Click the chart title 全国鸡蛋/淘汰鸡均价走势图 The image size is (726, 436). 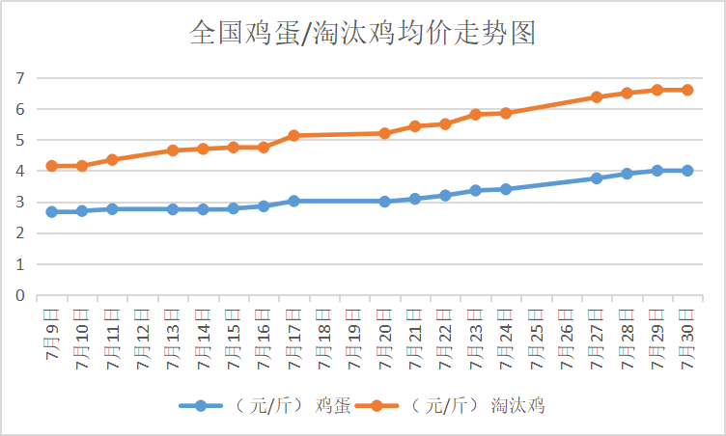362,34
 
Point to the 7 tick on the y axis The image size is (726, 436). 19,78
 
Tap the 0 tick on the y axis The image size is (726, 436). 19,295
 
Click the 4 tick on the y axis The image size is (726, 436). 19,171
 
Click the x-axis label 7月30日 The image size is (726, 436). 686,333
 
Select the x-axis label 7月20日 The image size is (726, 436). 384,333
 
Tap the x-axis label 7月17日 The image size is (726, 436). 293,333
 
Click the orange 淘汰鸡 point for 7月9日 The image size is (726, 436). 51,166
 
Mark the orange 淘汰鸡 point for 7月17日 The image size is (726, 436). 293,136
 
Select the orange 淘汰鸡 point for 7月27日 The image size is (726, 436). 597,97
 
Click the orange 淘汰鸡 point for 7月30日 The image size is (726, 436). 686,90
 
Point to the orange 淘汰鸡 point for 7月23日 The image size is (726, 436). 475,114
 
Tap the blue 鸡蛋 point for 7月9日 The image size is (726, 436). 51,211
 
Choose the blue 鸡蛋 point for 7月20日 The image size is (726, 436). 384,202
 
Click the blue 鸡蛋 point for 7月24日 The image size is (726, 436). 506,189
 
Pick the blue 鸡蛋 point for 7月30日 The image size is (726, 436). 686,171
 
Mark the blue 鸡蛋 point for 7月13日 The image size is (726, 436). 172,209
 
